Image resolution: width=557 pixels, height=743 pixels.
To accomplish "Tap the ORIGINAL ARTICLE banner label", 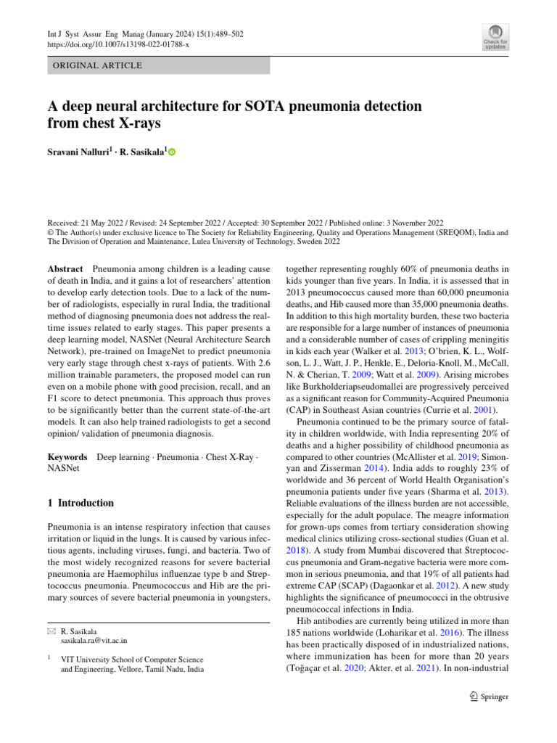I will pos(96,66).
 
